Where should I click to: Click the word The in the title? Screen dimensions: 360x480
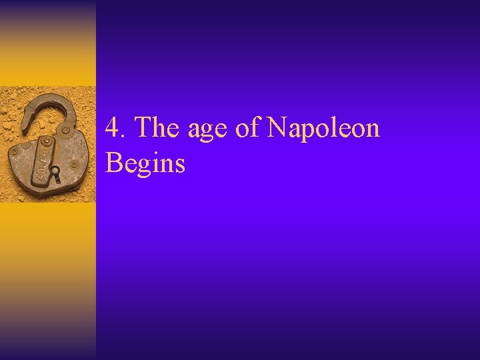click(x=158, y=128)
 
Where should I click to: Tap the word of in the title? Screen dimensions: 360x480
click(x=247, y=128)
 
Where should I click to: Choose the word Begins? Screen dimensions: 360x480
click(x=145, y=163)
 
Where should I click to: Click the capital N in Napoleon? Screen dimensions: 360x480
click(x=277, y=128)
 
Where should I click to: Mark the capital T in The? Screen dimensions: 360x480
click(x=143, y=128)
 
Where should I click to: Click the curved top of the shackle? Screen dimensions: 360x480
click(x=57, y=100)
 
